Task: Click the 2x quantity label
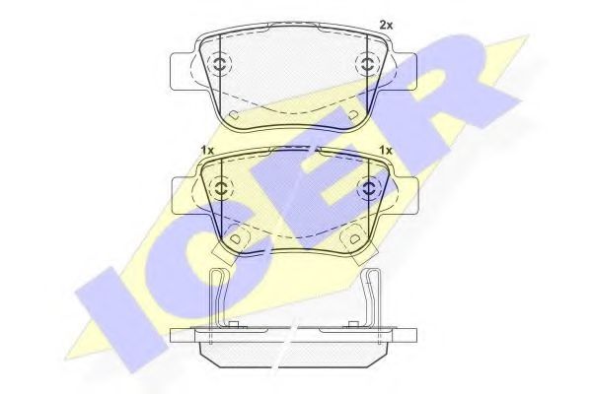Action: coord(386,26)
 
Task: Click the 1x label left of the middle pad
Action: coord(207,150)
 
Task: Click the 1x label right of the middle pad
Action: coord(386,150)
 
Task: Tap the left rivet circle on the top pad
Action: coord(220,64)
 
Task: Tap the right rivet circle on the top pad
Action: coord(366,64)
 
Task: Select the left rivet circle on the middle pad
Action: coord(220,187)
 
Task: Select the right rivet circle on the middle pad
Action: coord(367,187)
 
